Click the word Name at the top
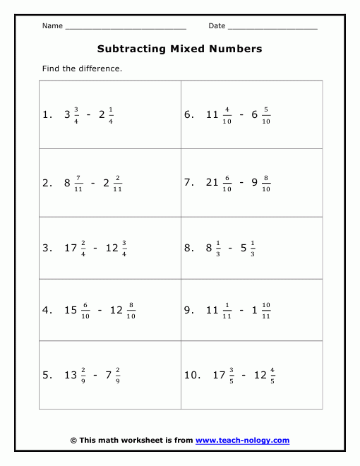pyautogui.click(x=52, y=26)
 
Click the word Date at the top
pyautogui.click(x=217, y=26)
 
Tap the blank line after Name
pyautogui.click(x=125, y=28)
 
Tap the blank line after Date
pyautogui.click(x=272, y=28)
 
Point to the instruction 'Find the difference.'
pyautogui.click(x=82, y=68)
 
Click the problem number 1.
pyautogui.click(x=47, y=114)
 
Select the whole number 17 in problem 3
pyautogui.click(x=70, y=249)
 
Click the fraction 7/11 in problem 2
pyautogui.click(x=78, y=182)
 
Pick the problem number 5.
pyautogui.click(x=47, y=376)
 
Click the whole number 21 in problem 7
pyautogui.click(x=212, y=182)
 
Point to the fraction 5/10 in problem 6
pyautogui.click(x=266, y=114)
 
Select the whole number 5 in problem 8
pyautogui.click(x=244, y=249)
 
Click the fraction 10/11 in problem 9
pyautogui.click(x=265, y=310)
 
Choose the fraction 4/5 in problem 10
pyautogui.click(x=272, y=376)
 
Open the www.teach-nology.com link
pyautogui.click(x=242, y=440)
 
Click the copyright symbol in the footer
pyautogui.click(x=74, y=440)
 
